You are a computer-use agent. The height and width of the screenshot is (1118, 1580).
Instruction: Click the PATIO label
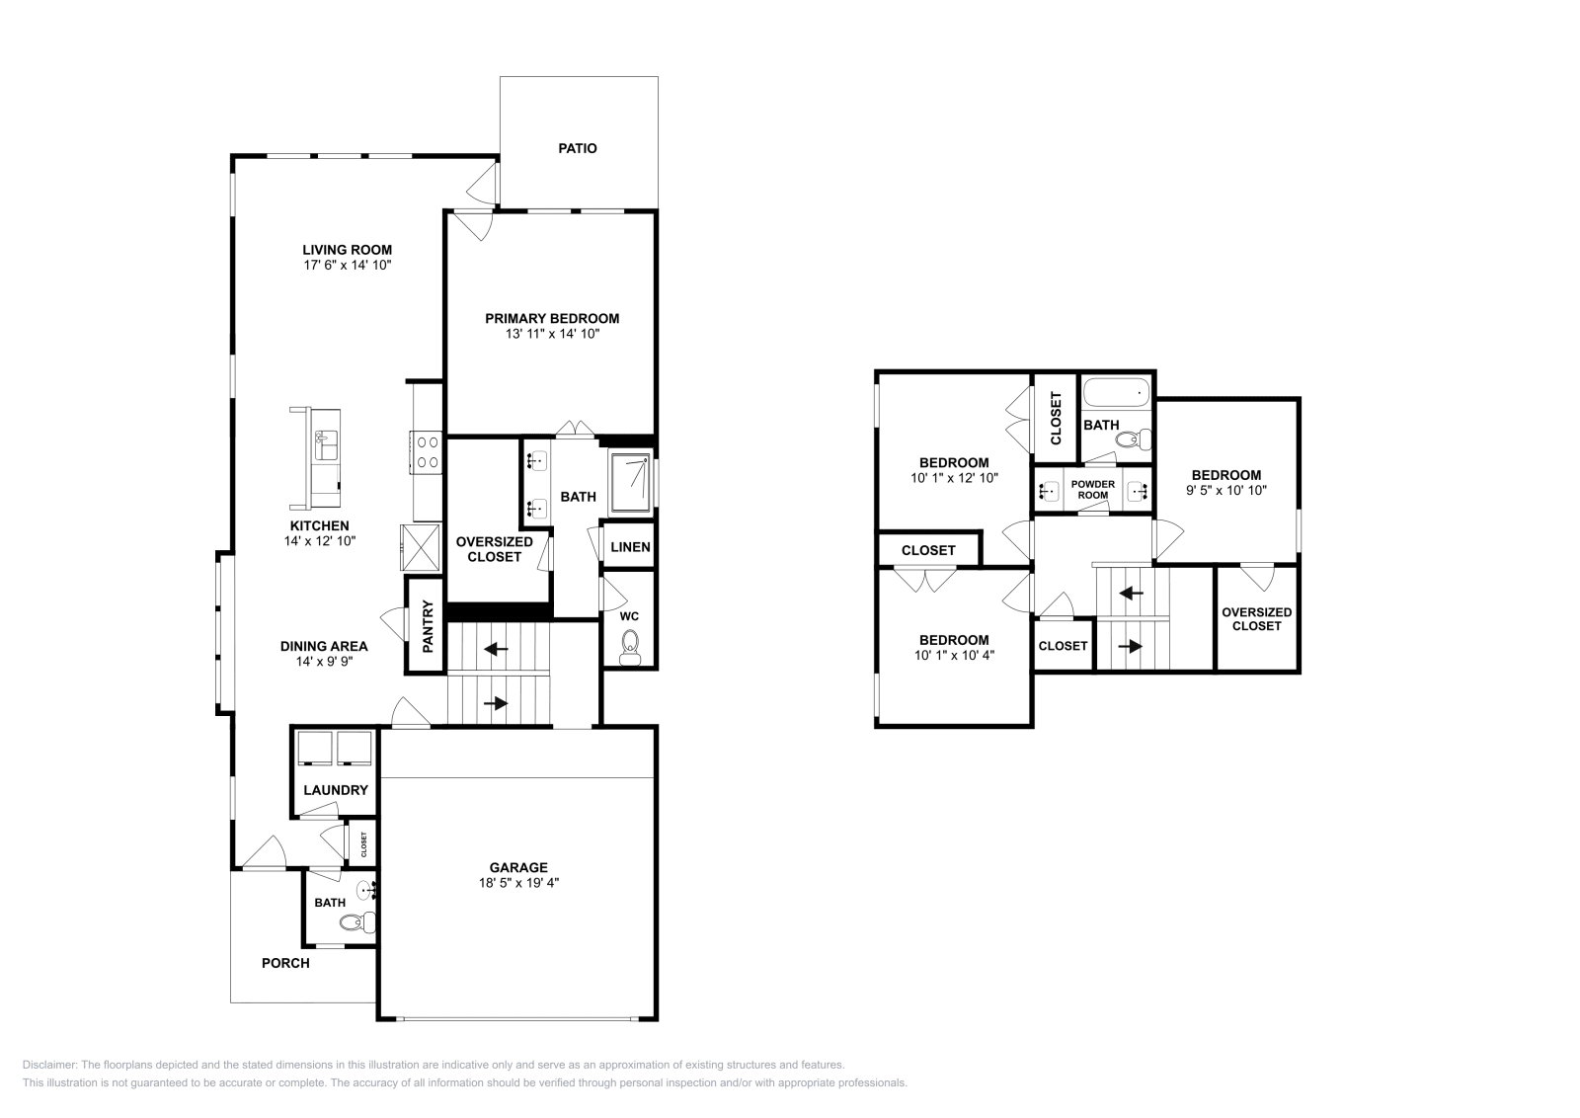(578, 149)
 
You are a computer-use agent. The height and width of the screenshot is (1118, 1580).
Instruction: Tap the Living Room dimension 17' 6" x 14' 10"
(348, 266)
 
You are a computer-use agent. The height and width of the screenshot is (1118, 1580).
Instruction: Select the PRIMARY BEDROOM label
(552, 318)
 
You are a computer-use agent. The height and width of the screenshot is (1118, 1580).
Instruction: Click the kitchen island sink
(325, 445)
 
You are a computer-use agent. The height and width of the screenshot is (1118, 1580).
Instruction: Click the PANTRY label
(428, 627)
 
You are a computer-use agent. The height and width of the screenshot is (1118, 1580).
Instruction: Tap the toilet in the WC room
(630, 649)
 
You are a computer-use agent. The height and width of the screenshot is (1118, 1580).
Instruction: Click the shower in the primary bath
(630, 482)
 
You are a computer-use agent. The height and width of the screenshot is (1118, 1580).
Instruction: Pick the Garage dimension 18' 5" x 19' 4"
(517, 883)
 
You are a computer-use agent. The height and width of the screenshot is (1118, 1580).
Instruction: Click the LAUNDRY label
(335, 790)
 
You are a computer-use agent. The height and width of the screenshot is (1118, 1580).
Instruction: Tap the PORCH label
(285, 963)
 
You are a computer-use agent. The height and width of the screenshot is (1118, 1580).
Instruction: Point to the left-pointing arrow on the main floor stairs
(496, 649)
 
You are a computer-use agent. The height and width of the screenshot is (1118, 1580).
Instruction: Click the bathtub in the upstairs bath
(1117, 394)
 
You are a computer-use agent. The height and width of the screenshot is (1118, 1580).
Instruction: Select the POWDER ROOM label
(1092, 489)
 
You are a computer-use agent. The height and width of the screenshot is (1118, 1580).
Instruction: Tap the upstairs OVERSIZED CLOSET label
(1256, 619)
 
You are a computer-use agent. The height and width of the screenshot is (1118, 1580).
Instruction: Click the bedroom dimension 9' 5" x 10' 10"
(1225, 490)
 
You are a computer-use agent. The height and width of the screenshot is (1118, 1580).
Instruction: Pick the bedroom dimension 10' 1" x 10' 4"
(953, 654)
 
